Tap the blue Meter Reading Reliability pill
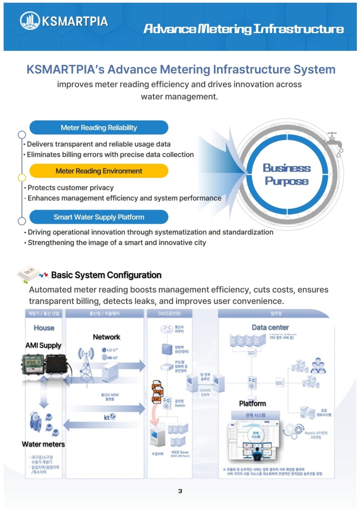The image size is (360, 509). pyautogui.click(x=99, y=128)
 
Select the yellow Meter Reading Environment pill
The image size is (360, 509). pyautogui.click(x=99, y=171)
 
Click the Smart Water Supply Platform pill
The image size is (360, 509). pyautogui.click(x=99, y=217)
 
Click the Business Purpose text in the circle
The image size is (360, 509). pyautogui.click(x=287, y=175)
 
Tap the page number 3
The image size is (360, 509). pyautogui.click(x=180, y=491)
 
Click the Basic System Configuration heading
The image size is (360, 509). pyautogui.click(x=106, y=275)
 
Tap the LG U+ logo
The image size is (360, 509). pyautogui.click(x=110, y=350)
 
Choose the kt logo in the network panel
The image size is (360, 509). pyautogui.click(x=109, y=417)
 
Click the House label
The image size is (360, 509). pyautogui.click(x=44, y=328)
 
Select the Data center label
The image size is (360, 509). pyautogui.click(x=270, y=327)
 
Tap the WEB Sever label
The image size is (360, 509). pyautogui.click(x=180, y=452)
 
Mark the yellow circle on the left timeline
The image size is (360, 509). pyautogui.click(x=22, y=178)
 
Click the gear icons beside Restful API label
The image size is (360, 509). pyautogui.click(x=294, y=431)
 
